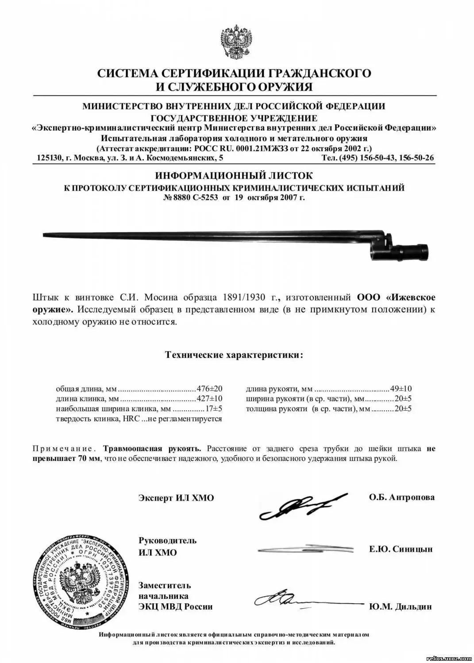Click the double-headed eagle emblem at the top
pyautogui.click(x=236, y=43)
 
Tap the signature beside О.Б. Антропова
pyautogui.click(x=301, y=508)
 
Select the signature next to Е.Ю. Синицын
pyautogui.click(x=305, y=549)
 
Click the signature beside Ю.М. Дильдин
pyautogui.click(x=305, y=600)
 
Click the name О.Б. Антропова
pyautogui.click(x=401, y=497)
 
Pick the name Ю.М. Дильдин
pyautogui.click(x=400, y=606)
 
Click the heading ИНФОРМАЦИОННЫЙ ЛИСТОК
pyautogui.click(x=234, y=176)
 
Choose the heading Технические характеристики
pyautogui.click(x=234, y=355)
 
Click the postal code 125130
pyautogui.click(x=48, y=158)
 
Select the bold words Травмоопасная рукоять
pyautogui.click(x=152, y=449)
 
